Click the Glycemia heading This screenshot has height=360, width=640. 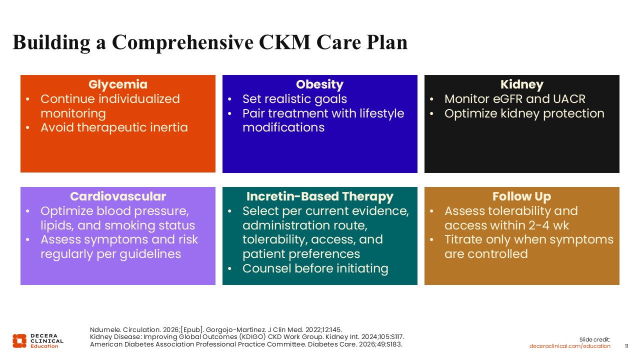click(117, 84)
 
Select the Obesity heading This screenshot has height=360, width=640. click(319, 84)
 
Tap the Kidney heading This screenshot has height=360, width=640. click(521, 84)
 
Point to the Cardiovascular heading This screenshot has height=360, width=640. click(117, 196)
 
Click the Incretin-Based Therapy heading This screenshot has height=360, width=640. click(319, 196)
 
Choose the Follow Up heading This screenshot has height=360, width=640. click(521, 196)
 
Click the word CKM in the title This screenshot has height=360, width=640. click(284, 42)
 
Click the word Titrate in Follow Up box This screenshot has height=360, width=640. click(463, 239)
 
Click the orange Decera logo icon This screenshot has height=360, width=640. click(19, 341)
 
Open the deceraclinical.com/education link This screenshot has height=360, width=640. click(569, 346)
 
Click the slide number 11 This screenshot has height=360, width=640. click(626, 346)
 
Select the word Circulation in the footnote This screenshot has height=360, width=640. click(141, 329)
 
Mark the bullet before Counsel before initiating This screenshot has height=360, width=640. click(229, 268)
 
